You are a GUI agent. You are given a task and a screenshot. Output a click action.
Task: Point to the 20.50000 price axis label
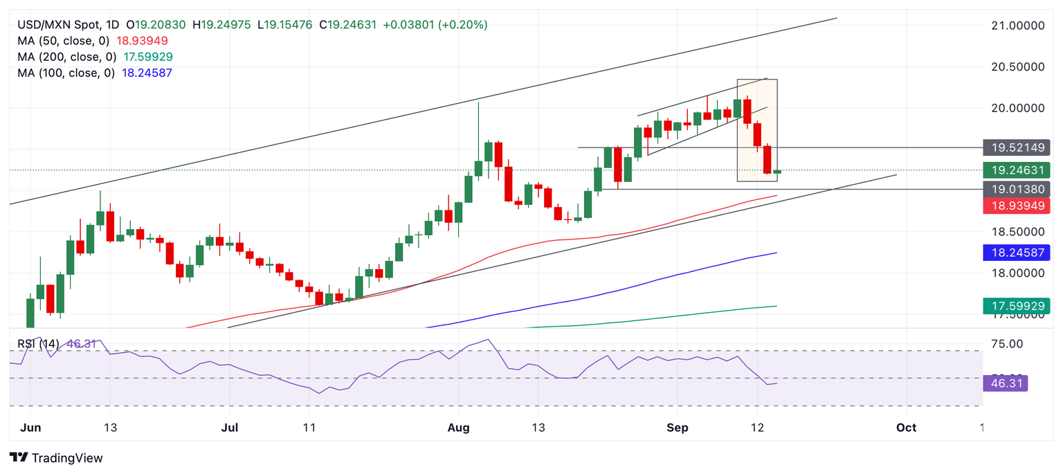click(1017, 67)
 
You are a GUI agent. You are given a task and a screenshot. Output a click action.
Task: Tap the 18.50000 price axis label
click(1017, 232)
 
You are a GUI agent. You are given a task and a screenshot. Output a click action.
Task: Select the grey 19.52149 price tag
click(1016, 147)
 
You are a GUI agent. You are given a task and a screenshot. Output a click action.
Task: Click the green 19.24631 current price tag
click(1016, 170)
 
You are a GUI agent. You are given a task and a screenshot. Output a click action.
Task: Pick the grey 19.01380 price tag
click(1016, 189)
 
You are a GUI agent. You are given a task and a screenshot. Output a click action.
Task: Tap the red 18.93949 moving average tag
click(1016, 206)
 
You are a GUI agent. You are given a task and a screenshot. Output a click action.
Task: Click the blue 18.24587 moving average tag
click(1016, 253)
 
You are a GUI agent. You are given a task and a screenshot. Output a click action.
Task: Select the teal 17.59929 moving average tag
click(1016, 306)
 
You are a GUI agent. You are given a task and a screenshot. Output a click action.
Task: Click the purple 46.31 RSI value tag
click(1005, 383)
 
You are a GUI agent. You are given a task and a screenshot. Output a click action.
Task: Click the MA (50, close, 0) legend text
click(63, 41)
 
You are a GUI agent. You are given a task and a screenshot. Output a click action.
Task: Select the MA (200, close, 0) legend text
click(66, 57)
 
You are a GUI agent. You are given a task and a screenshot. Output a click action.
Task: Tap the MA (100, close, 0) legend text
click(66, 73)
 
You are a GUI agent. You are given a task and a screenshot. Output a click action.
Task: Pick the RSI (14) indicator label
click(38, 343)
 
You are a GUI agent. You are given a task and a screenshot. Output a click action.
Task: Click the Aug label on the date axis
click(458, 428)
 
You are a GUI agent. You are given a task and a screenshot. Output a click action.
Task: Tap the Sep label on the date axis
click(677, 428)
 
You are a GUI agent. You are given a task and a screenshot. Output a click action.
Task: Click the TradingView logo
click(57, 458)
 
